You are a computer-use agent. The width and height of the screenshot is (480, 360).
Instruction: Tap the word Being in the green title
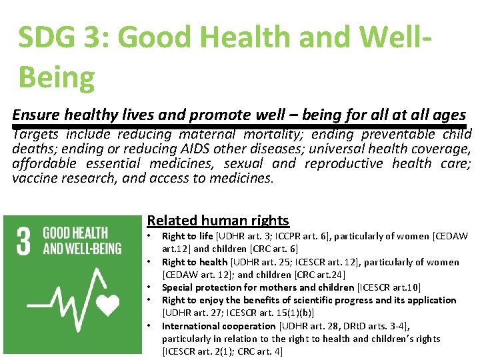[57, 77]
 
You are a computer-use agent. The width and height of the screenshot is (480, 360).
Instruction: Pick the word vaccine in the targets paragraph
[33, 178]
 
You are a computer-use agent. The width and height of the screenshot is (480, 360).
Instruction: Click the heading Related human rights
[218, 221]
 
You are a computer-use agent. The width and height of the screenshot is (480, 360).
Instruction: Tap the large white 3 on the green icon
[24, 242]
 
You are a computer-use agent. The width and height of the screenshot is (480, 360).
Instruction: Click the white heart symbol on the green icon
[107, 304]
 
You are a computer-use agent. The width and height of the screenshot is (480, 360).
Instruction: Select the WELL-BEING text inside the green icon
[82, 249]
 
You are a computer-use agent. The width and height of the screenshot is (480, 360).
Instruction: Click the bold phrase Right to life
[187, 236]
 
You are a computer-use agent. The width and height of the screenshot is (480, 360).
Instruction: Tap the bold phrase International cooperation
[219, 326]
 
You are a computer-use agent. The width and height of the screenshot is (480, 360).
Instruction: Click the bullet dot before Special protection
[151, 287]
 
